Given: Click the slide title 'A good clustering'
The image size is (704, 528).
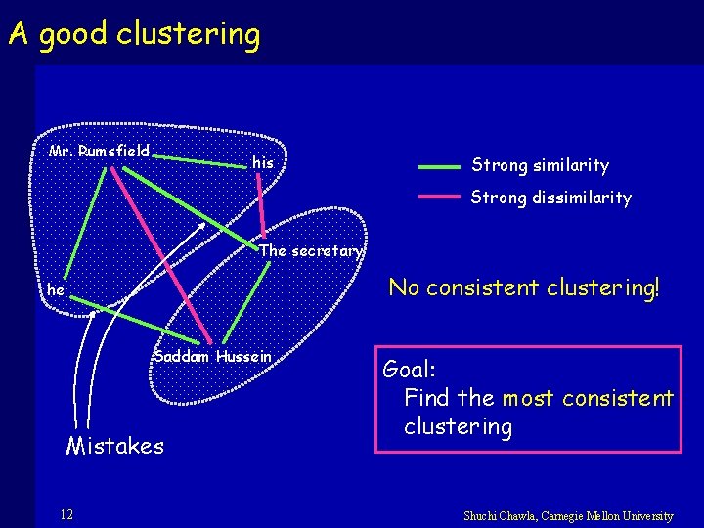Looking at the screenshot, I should pos(134,35).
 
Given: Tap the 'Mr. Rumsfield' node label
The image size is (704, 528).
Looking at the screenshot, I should pos(99,151).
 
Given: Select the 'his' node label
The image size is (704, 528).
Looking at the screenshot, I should pos(262,163).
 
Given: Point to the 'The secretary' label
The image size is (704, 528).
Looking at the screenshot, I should pos(311,251).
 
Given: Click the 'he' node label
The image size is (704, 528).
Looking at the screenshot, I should pos(56,290).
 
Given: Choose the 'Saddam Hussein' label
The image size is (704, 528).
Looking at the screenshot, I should pos(212,356).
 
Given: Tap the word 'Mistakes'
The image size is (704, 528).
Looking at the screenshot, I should pos(114,446).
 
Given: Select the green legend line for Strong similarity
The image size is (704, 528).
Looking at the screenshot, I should pos(438,167).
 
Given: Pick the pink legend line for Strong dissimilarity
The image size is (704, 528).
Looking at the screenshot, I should pos(438,197).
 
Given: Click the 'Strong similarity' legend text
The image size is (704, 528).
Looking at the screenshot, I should pos(540,166).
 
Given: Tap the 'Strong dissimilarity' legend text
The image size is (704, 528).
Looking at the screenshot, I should pos(550,198).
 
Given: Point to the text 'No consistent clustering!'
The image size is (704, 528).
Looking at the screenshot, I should pos(524,287).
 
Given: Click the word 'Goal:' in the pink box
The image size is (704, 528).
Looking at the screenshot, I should pos(410,370).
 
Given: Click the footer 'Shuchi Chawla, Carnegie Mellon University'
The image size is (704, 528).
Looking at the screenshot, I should pos(568,515).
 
